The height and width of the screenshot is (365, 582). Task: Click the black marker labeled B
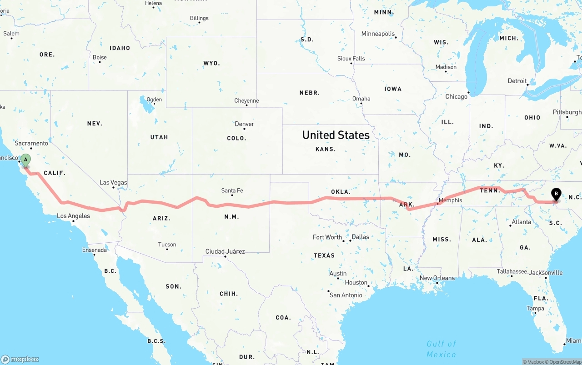tap(556, 194)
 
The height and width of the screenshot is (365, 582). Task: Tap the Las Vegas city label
tap(113, 183)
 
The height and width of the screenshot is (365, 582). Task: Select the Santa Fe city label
tap(232, 190)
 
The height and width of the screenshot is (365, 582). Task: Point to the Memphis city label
tap(450, 200)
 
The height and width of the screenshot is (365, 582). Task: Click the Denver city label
tap(245, 124)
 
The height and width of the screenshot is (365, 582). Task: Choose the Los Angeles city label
tap(73, 216)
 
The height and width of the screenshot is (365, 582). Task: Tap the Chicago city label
tap(456, 97)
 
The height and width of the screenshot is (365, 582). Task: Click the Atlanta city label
tap(521, 222)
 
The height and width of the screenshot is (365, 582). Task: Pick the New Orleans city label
tap(437, 278)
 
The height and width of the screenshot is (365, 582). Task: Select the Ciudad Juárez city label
tap(225, 251)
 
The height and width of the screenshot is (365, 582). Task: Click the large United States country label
tap(336, 135)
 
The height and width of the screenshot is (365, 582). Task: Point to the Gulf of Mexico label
tap(441, 349)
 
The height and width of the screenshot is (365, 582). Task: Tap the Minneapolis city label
tap(378, 34)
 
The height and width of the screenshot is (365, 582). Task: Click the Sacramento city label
tap(31, 143)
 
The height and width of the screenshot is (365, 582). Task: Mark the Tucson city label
tap(167, 245)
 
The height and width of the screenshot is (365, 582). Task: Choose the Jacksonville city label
tap(546, 273)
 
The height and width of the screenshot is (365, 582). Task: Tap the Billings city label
tap(199, 18)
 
